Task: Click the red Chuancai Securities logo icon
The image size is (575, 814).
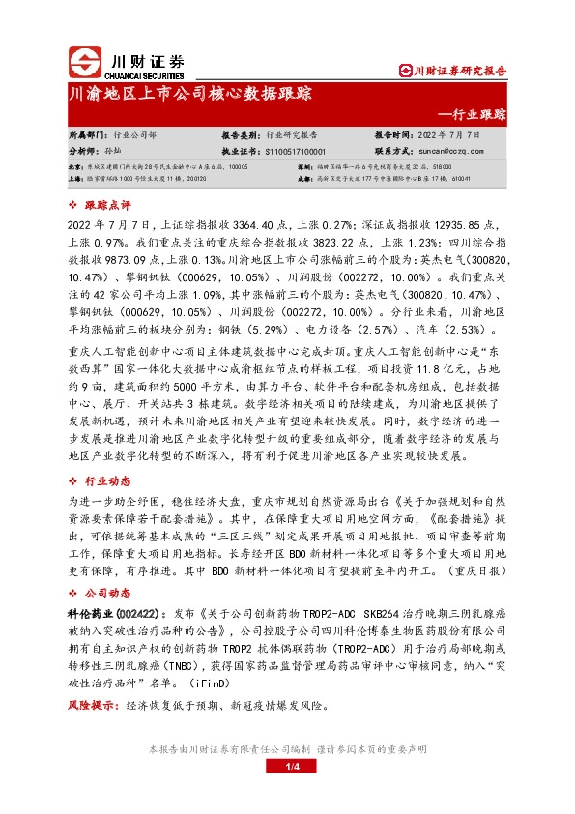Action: point(83,62)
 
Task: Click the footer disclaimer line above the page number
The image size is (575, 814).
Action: point(287,749)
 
